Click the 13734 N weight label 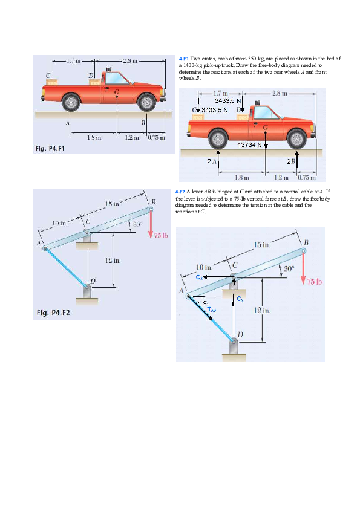pyautogui.click(x=249, y=145)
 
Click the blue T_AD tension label pyautogui.click(x=212, y=310)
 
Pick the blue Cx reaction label pyautogui.click(x=200, y=277)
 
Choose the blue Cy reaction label pyautogui.click(x=240, y=298)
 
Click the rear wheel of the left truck pyautogui.click(x=72, y=101)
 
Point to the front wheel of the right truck pyautogui.click(x=296, y=139)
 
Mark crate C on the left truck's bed pyautogui.click(x=50, y=82)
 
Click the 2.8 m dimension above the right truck pyautogui.click(x=281, y=93)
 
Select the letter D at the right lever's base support pyautogui.click(x=241, y=334)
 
